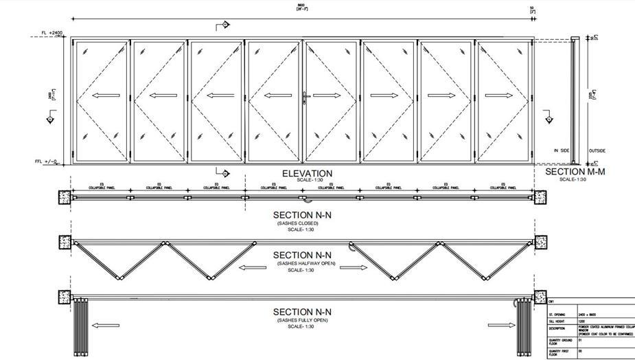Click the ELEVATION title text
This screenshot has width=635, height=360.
[x=307, y=174]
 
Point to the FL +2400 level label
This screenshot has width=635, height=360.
[x=51, y=33]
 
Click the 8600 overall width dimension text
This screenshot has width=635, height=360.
[x=301, y=5]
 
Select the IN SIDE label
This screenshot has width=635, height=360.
[x=562, y=150]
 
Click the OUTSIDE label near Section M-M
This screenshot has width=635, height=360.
[x=597, y=150]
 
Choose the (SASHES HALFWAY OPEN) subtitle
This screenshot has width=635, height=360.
[x=302, y=263]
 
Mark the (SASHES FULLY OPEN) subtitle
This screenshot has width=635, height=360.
[x=302, y=321]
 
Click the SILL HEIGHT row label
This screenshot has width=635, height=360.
[x=557, y=320]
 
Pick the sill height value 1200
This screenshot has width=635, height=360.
[x=583, y=320]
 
